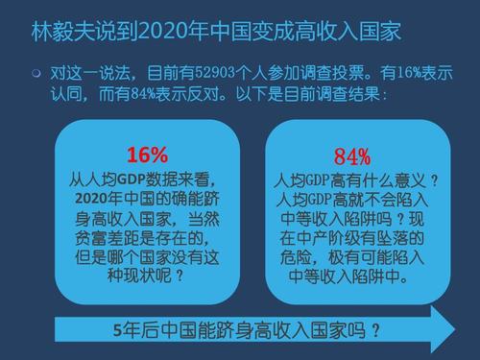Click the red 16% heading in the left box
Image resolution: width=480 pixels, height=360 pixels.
point(147,154)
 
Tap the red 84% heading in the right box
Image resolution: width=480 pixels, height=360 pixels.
point(351,157)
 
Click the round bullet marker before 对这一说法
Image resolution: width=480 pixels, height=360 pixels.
point(36,73)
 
